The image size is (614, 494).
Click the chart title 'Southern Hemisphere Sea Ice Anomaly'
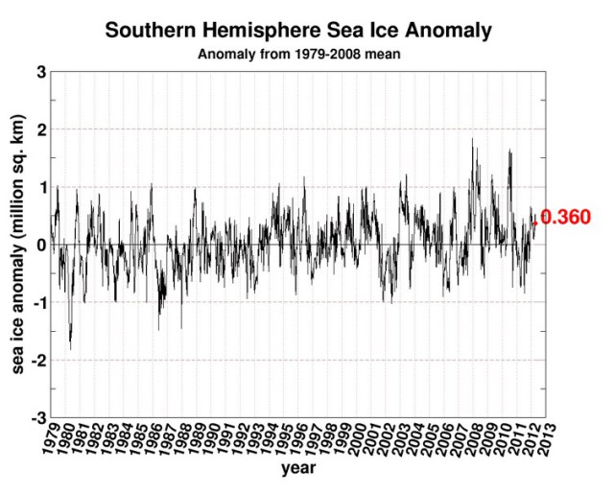click(x=298, y=30)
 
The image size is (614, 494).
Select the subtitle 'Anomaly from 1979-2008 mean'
click(x=298, y=54)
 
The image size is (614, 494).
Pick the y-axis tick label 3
click(x=41, y=72)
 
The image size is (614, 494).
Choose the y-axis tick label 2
click(x=41, y=129)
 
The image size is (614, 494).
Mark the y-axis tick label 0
click(x=41, y=245)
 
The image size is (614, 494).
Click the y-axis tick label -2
click(x=38, y=360)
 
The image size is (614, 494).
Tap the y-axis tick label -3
click(x=38, y=418)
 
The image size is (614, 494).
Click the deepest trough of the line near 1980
click(x=70, y=348)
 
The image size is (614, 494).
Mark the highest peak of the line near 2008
click(x=472, y=139)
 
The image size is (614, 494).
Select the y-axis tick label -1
click(x=38, y=302)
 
